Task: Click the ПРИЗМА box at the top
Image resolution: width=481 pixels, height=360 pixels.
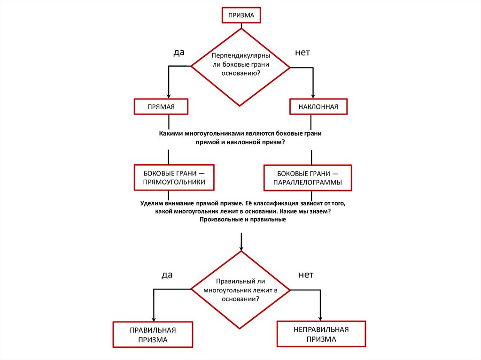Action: click(241, 15)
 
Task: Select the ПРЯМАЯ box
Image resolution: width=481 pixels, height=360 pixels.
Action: click(161, 107)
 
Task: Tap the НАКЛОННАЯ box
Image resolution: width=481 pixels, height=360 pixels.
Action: click(318, 107)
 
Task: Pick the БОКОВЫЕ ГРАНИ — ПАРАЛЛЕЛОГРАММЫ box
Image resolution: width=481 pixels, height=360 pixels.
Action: click(308, 178)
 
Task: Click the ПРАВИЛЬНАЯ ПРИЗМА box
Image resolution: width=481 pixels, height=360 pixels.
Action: click(153, 335)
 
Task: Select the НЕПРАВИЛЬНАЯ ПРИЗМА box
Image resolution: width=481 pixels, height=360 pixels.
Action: click(321, 334)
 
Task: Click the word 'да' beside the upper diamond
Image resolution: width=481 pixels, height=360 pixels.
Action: click(178, 53)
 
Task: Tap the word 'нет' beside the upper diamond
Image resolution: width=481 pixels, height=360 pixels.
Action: click(302, 53)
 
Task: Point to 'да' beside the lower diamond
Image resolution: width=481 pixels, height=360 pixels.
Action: click(167, 275)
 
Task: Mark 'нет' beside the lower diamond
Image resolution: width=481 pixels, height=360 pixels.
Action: click(305, 275)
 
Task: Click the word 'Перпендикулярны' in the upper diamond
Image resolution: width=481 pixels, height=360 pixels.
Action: click(240, 56)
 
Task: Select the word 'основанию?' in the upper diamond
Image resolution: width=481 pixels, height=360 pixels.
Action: click(240, 74)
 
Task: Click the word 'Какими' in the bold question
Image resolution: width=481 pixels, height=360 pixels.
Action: click(171, 133)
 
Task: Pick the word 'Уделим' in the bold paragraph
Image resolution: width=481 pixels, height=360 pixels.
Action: click(152, 204)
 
